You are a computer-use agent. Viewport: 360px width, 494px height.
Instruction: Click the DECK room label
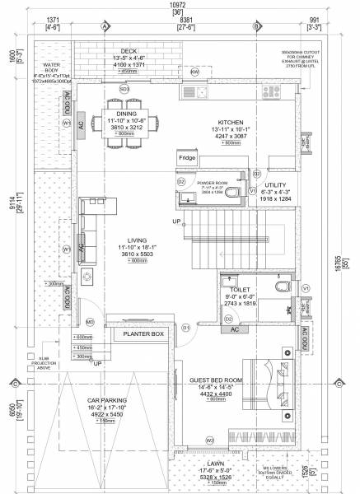tap(129, 50)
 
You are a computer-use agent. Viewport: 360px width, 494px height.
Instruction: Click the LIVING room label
tap(127, 240)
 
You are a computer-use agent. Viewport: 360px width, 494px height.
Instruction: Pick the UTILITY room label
tap(276, 186)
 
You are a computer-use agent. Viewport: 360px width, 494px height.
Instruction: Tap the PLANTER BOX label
tap(144, 334)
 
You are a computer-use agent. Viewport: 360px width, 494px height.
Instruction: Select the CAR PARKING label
tap(105, 401)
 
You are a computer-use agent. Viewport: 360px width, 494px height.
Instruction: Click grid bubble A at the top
tap(105, 26)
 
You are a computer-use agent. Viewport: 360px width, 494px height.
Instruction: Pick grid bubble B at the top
tap(257, 26)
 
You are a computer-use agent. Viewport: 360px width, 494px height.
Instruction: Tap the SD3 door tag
tap(124, 88)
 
